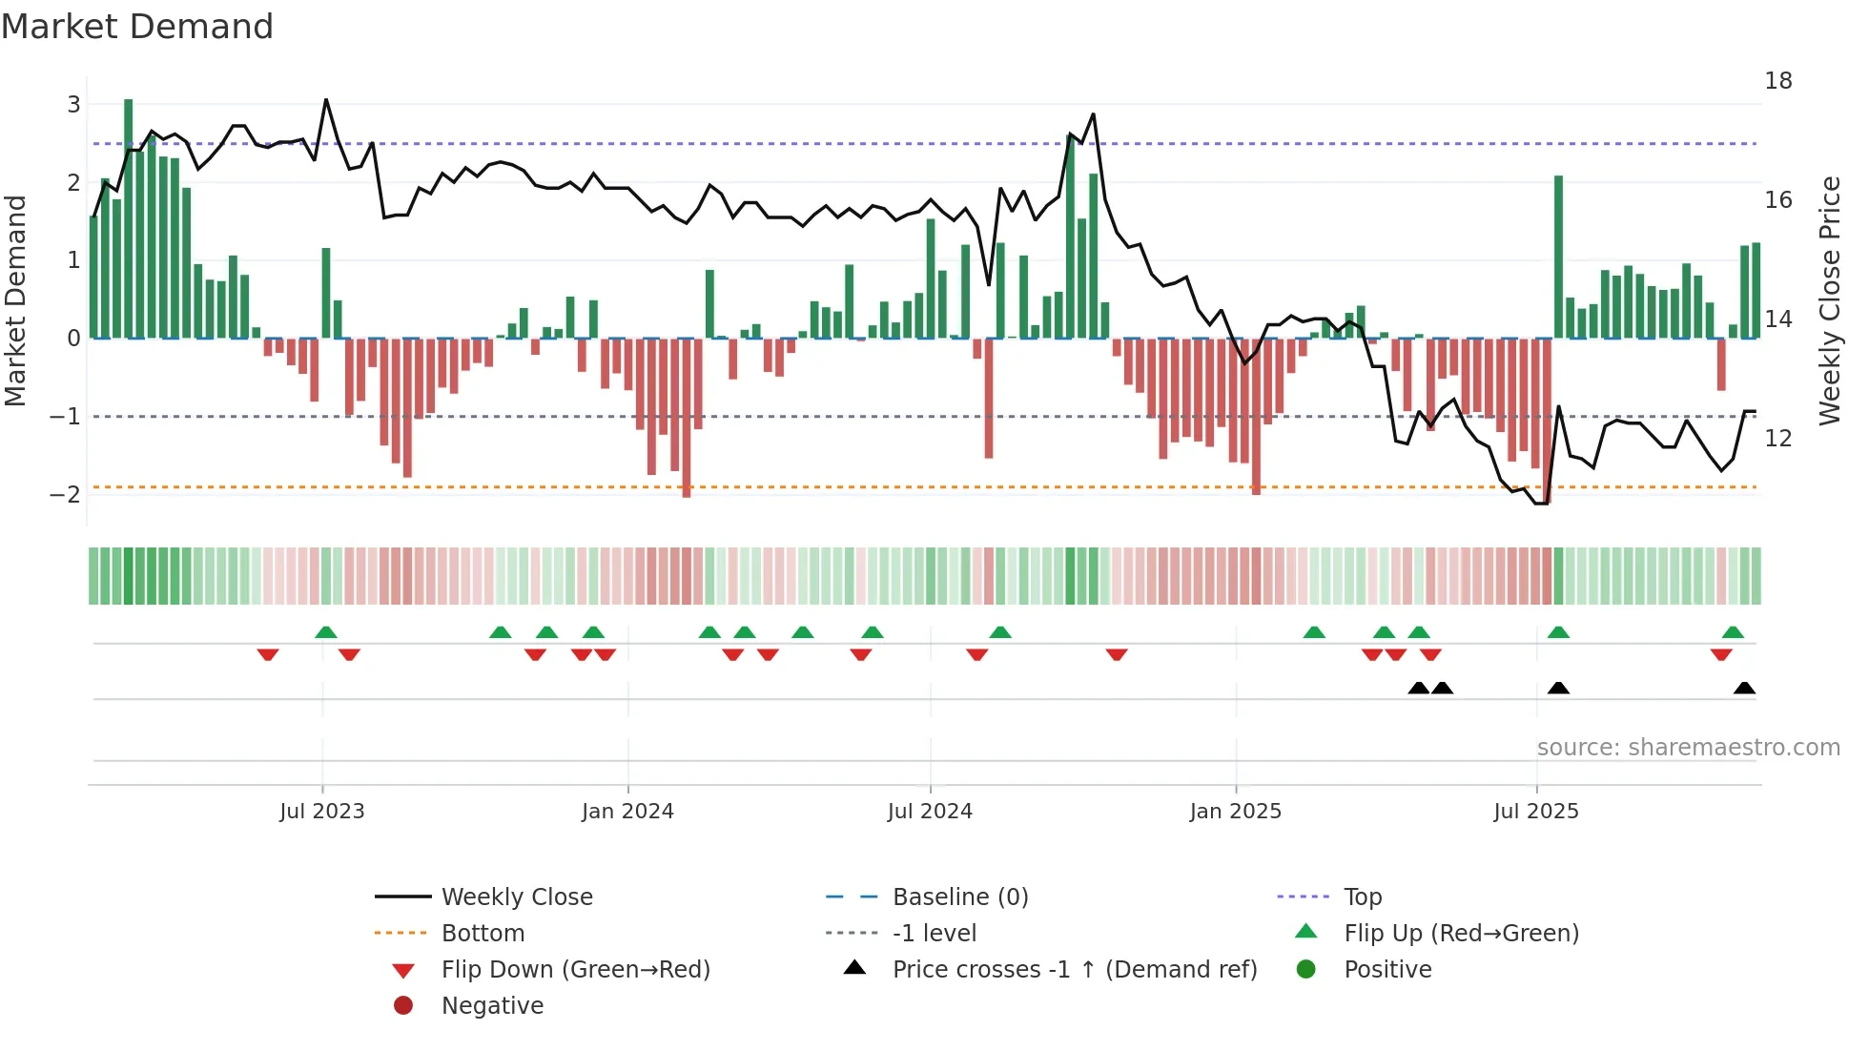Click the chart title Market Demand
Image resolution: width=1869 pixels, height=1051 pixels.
137,27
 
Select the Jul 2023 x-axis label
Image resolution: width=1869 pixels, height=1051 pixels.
321,812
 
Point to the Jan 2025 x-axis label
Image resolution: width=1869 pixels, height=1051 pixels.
1235,812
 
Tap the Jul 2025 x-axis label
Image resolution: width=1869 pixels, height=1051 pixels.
1535,812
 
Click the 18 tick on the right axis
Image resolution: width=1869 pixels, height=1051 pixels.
1777,81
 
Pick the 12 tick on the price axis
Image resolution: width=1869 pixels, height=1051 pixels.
1777,439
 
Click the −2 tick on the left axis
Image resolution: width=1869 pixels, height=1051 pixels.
66,494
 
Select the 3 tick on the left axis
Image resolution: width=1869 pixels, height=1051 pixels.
73,105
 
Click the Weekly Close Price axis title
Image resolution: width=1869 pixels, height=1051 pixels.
1829,300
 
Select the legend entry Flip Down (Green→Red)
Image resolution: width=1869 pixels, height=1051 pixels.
575,970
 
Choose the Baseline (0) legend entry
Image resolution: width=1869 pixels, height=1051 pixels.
959,897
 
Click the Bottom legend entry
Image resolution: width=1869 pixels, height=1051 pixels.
483,934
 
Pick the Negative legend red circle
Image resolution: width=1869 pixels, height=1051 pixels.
403,1006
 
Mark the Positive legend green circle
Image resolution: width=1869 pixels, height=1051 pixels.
1306,970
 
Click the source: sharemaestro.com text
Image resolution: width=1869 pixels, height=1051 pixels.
1688,748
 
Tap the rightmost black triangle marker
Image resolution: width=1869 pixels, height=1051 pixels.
1744,689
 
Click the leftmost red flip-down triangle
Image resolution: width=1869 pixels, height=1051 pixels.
268,654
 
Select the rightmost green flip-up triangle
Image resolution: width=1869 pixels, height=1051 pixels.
1733,632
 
